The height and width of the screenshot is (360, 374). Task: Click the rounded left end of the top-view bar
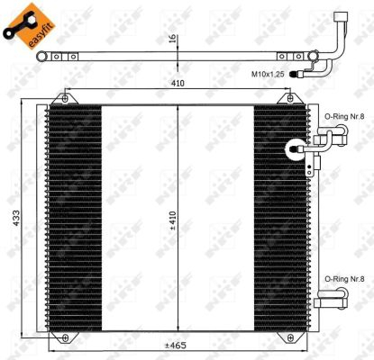click(41, 58)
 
